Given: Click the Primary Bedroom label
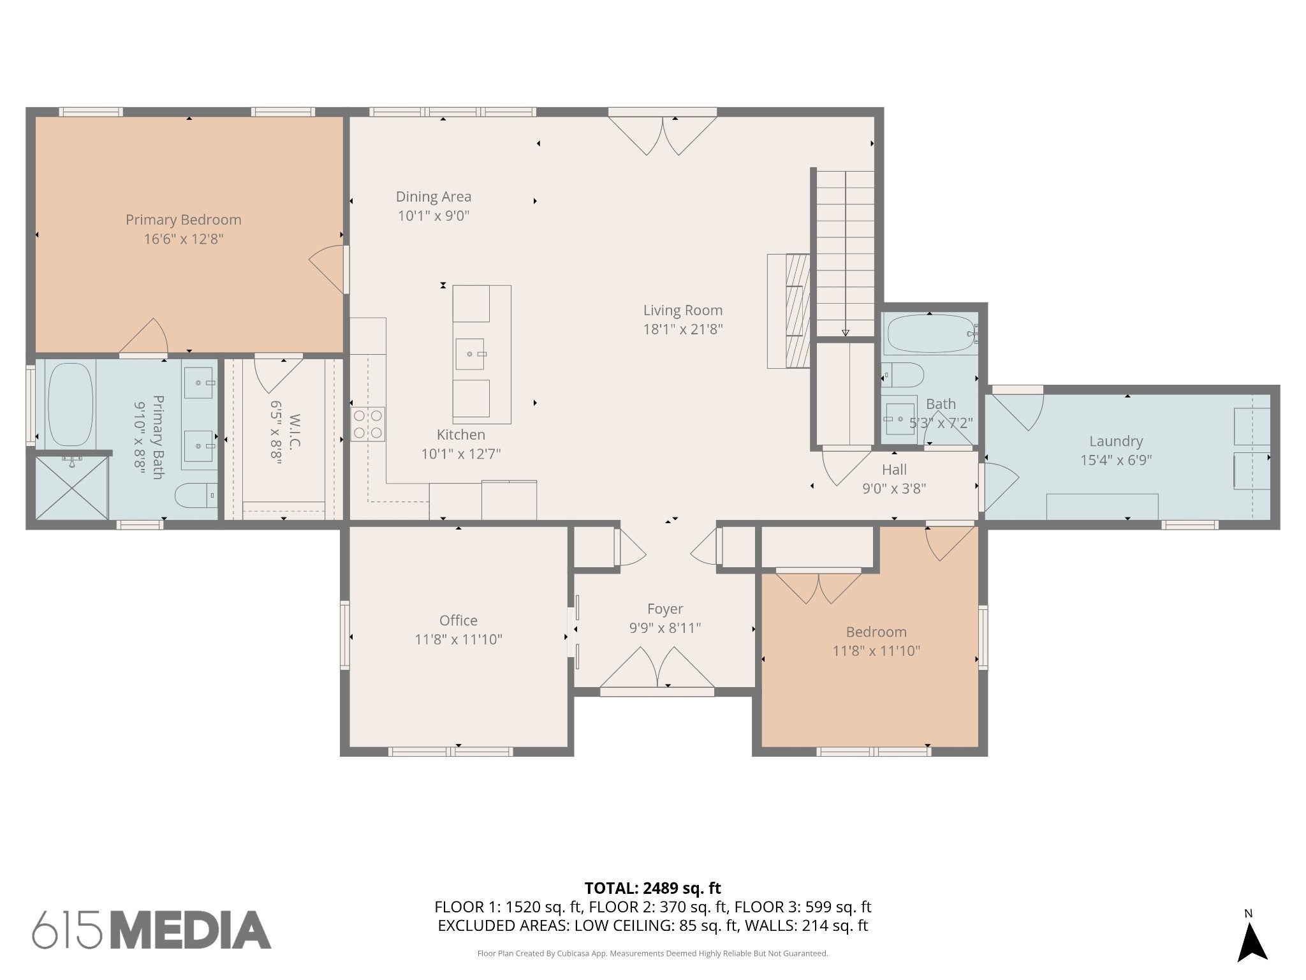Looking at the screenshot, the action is (x=184, y=219).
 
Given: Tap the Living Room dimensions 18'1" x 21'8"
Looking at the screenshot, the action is (x=683, y=329).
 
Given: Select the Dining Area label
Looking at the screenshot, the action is (x=434, y=197).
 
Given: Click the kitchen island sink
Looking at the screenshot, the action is (x=469, y=354).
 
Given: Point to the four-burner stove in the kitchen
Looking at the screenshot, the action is (x=368, y=424).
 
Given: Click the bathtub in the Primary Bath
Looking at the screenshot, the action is (x=70, y=405).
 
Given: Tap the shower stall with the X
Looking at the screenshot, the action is (x=71, y=487).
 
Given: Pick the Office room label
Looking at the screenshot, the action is (x=459, y=620).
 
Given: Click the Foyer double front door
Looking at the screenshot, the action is (x=657, y=670).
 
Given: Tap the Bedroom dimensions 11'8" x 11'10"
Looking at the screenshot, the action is (x=876, y=651).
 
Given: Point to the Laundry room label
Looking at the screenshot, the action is (x=1116, y=441).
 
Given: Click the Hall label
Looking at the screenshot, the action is (x=894, y=470).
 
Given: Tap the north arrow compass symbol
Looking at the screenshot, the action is (x=1252, y=943).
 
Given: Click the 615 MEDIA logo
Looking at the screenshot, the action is (x=152, y=930).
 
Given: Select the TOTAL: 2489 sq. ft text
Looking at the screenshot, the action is (x=653, y=888).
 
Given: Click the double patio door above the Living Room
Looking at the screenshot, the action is (x=663, y=131).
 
